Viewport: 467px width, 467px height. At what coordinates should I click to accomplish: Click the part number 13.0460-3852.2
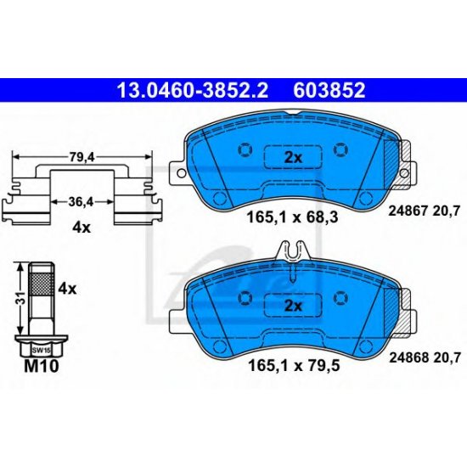[193, 91]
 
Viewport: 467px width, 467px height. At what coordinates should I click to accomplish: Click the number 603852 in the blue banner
[329, 91]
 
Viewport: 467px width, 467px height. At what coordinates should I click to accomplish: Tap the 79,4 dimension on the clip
[82, 158]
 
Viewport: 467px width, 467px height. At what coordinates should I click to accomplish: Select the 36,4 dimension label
[81, 202]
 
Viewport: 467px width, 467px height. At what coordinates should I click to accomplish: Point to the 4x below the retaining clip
[82, 228]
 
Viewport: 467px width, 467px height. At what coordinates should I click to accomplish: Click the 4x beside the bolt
[67, 289]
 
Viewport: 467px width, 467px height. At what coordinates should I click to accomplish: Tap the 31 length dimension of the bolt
[21, 299]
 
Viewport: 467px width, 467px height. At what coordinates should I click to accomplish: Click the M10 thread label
[42, 366]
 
